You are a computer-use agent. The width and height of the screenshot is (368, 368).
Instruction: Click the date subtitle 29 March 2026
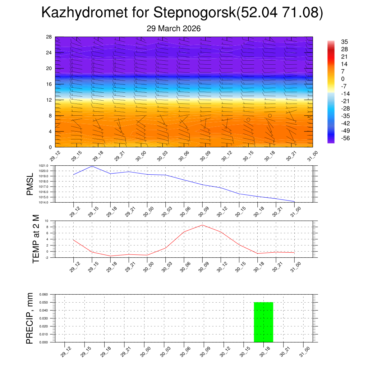174,28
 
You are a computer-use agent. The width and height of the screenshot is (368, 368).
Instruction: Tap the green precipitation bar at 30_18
263,322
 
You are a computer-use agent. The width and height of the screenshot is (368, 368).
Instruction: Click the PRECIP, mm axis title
30,318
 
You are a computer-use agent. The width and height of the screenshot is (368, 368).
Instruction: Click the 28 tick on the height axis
49,37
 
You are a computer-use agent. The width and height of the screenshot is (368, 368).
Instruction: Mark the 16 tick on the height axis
49,84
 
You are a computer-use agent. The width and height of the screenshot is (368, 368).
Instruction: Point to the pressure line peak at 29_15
92,166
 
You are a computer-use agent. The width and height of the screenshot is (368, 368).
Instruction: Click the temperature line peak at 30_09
202,225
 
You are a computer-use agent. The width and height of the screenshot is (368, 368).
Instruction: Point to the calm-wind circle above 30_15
248,120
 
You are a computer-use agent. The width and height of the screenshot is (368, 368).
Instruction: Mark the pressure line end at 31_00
294,202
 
